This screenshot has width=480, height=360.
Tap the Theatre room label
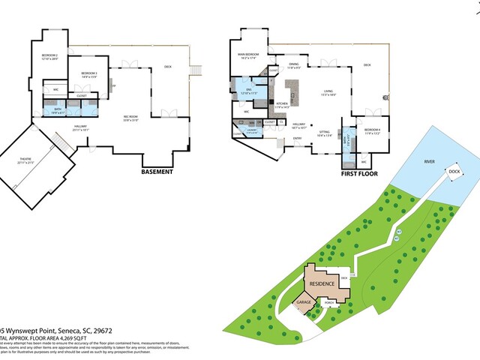(31, 159)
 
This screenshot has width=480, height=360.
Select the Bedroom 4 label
(373, 130)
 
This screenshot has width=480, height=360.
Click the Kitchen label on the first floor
(282, 105)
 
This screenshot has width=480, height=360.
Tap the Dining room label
(294, 65)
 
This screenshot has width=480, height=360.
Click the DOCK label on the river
(454, 172)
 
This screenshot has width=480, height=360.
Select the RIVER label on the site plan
(429, 161)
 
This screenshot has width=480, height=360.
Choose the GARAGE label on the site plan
(304, 302)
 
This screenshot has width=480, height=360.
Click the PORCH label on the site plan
(329, 303)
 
